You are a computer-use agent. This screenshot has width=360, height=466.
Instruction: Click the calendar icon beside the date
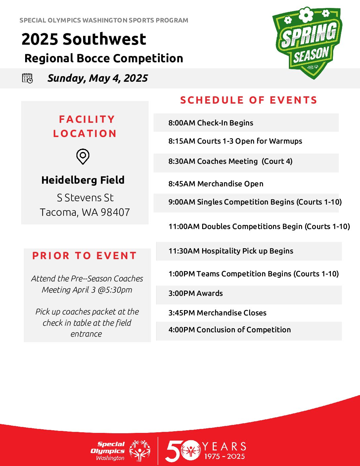[27, 78]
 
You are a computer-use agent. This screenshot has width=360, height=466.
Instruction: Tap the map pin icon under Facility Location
[83, 157]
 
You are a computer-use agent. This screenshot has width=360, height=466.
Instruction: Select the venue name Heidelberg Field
[83, 180]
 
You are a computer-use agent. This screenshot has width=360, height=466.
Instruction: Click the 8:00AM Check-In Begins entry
[211, 123]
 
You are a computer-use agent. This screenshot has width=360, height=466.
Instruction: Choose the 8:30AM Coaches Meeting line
[231, 161]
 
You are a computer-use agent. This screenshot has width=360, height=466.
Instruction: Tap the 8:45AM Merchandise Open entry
[216, 184]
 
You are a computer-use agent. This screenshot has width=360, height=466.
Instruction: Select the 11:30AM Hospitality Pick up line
[231, 251]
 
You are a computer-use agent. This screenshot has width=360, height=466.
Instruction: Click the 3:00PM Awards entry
[196, 293]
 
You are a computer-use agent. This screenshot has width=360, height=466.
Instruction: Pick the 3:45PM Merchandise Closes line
[217, 313]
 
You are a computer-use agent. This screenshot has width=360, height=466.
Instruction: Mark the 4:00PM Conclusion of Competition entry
[230, 330]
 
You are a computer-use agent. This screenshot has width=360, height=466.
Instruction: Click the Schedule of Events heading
[249, 100]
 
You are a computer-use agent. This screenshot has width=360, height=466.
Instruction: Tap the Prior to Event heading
[84, 256]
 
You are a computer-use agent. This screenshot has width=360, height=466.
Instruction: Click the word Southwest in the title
[105, 39]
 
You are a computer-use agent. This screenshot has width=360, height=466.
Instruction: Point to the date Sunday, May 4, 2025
[98, 78]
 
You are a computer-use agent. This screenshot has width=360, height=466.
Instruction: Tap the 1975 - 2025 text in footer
[225, 456]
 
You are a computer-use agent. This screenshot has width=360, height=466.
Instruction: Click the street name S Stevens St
[85, 198]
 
